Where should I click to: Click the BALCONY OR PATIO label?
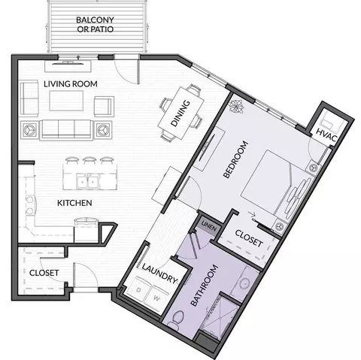pos(95,25)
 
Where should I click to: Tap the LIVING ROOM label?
pos(71,84)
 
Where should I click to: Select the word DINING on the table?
pos(180,113)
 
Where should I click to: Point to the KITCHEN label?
pos(74,203)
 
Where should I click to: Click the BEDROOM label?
pos(235,159)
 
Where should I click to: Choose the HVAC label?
pos(326,135)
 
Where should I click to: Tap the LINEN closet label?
pos(209,225)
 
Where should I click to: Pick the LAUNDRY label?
pos(160,274)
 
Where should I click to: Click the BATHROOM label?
pos(204,286)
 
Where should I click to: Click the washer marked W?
pos(156,298)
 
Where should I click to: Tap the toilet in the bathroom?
pos(176,319)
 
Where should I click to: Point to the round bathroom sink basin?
pos(244,283)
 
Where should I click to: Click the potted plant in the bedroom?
pos(236,106)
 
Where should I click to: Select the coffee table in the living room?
pos(66,101)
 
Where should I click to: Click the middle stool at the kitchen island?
pos(89,160)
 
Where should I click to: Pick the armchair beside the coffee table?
pos(104,107)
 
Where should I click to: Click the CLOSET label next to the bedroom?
pos(249,238)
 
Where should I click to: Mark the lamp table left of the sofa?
pos(29,129)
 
